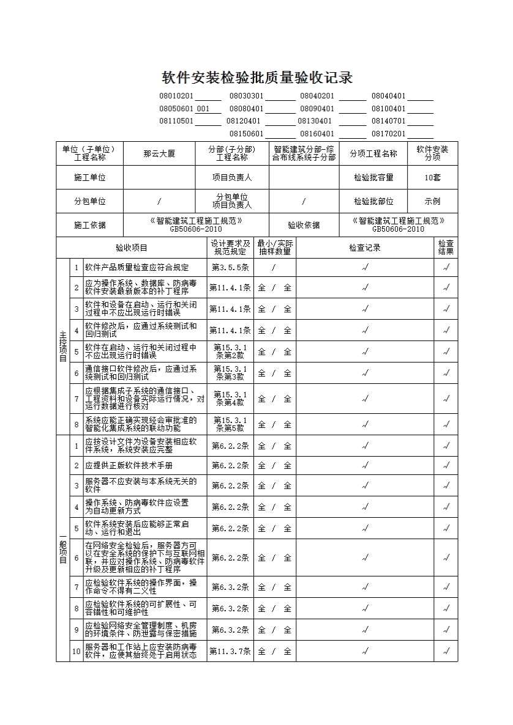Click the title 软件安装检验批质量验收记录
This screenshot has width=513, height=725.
point(257,78)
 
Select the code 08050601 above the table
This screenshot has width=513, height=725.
point(176,109)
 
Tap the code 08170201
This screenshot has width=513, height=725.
point(388,134)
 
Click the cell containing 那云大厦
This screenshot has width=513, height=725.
point(159,154)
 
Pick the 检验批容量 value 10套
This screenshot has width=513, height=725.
point(432,177)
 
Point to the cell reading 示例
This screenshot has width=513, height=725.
point(432,201)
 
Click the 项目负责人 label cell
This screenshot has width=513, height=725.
point(232,177)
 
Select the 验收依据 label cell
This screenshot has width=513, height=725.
point(304,225)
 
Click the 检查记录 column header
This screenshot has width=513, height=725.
point(365,248)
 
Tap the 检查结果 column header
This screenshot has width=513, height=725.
point(446,248)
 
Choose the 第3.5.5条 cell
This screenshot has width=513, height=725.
point(230,267)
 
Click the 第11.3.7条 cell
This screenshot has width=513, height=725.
point(230,651)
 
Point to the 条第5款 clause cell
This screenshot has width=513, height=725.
point(230,424)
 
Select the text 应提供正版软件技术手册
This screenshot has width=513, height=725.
point(129,465)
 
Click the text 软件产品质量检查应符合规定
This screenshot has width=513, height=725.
point(137,267)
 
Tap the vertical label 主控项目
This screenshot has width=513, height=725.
point(62,346)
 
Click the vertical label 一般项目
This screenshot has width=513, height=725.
point(62,548)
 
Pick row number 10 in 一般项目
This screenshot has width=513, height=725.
point(77,651)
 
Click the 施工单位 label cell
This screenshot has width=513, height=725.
point(90,177)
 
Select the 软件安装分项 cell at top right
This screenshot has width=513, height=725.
point(432,153)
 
